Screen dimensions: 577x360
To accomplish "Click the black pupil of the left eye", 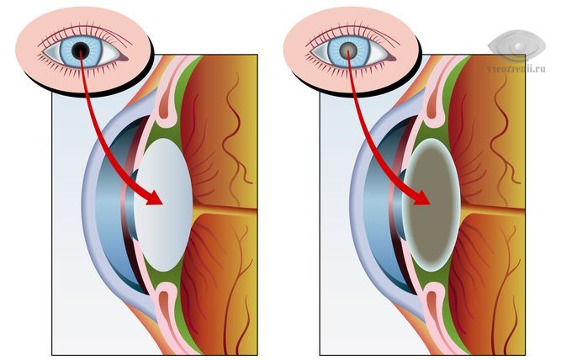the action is click(80, 50).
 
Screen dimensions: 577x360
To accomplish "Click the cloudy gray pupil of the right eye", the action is click(348, 50).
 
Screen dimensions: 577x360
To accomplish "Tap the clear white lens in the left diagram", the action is click(164, 205).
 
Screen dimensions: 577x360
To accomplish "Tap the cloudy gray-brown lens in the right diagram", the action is click(431, 205).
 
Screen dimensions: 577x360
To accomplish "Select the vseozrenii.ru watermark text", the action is click(516, 69).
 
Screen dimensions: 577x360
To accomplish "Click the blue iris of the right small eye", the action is click(348, 50).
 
